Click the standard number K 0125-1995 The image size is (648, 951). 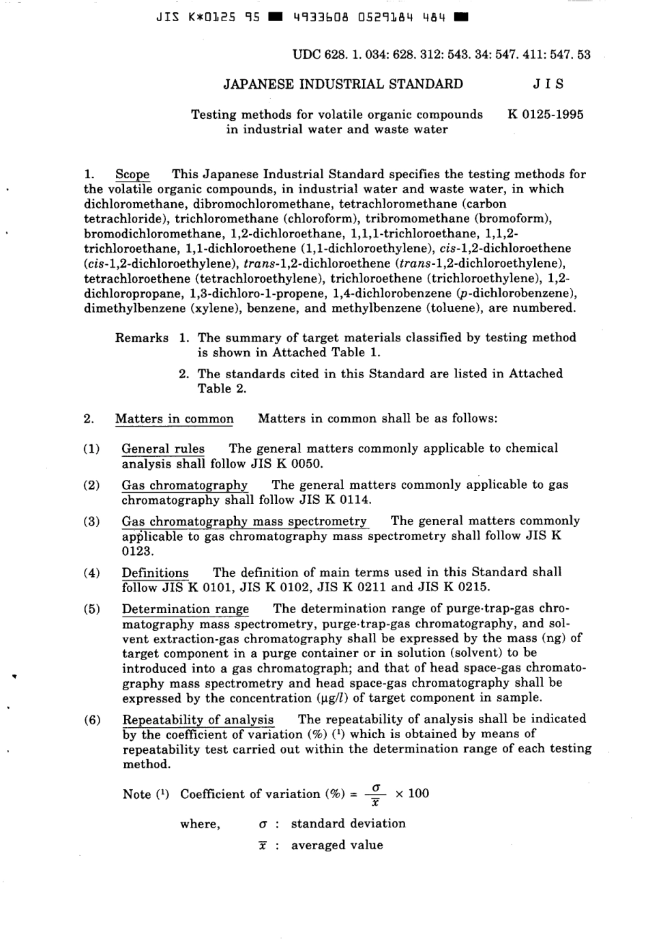pyautogui.click(x=545, y=114)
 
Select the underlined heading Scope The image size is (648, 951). pyautogui.click(x=132, y=174)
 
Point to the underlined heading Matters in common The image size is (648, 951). pyautogui.click(x=174, y=418)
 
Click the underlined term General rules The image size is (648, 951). pyautogui.click(x=162, y=449)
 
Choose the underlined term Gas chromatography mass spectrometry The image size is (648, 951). pyautogui.click(x=244, y=522)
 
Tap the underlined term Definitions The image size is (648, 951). pyautogui.click(x=155, y=573)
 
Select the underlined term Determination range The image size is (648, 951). pyautogui.click(x=185, y=609)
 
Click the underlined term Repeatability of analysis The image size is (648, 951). pyautogui.click(x=198, y=719)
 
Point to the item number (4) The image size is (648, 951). pyautogui.click(x=91, y=573)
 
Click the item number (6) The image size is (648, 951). pyautogui.click(x=91, y=719)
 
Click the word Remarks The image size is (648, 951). pyautogui.click(x=142, y=337)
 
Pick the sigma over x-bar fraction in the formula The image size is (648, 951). pyautogui.click(x=375, y=794)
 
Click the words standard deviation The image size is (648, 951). pyautogui.click(x=348, y=823)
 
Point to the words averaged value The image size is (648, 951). pyautogui.click(x=337, y=845)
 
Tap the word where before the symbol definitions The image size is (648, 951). pyautogui.click(x=200, y=824)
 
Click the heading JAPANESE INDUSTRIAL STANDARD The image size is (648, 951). pyautogui.click(x=343, y=85)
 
